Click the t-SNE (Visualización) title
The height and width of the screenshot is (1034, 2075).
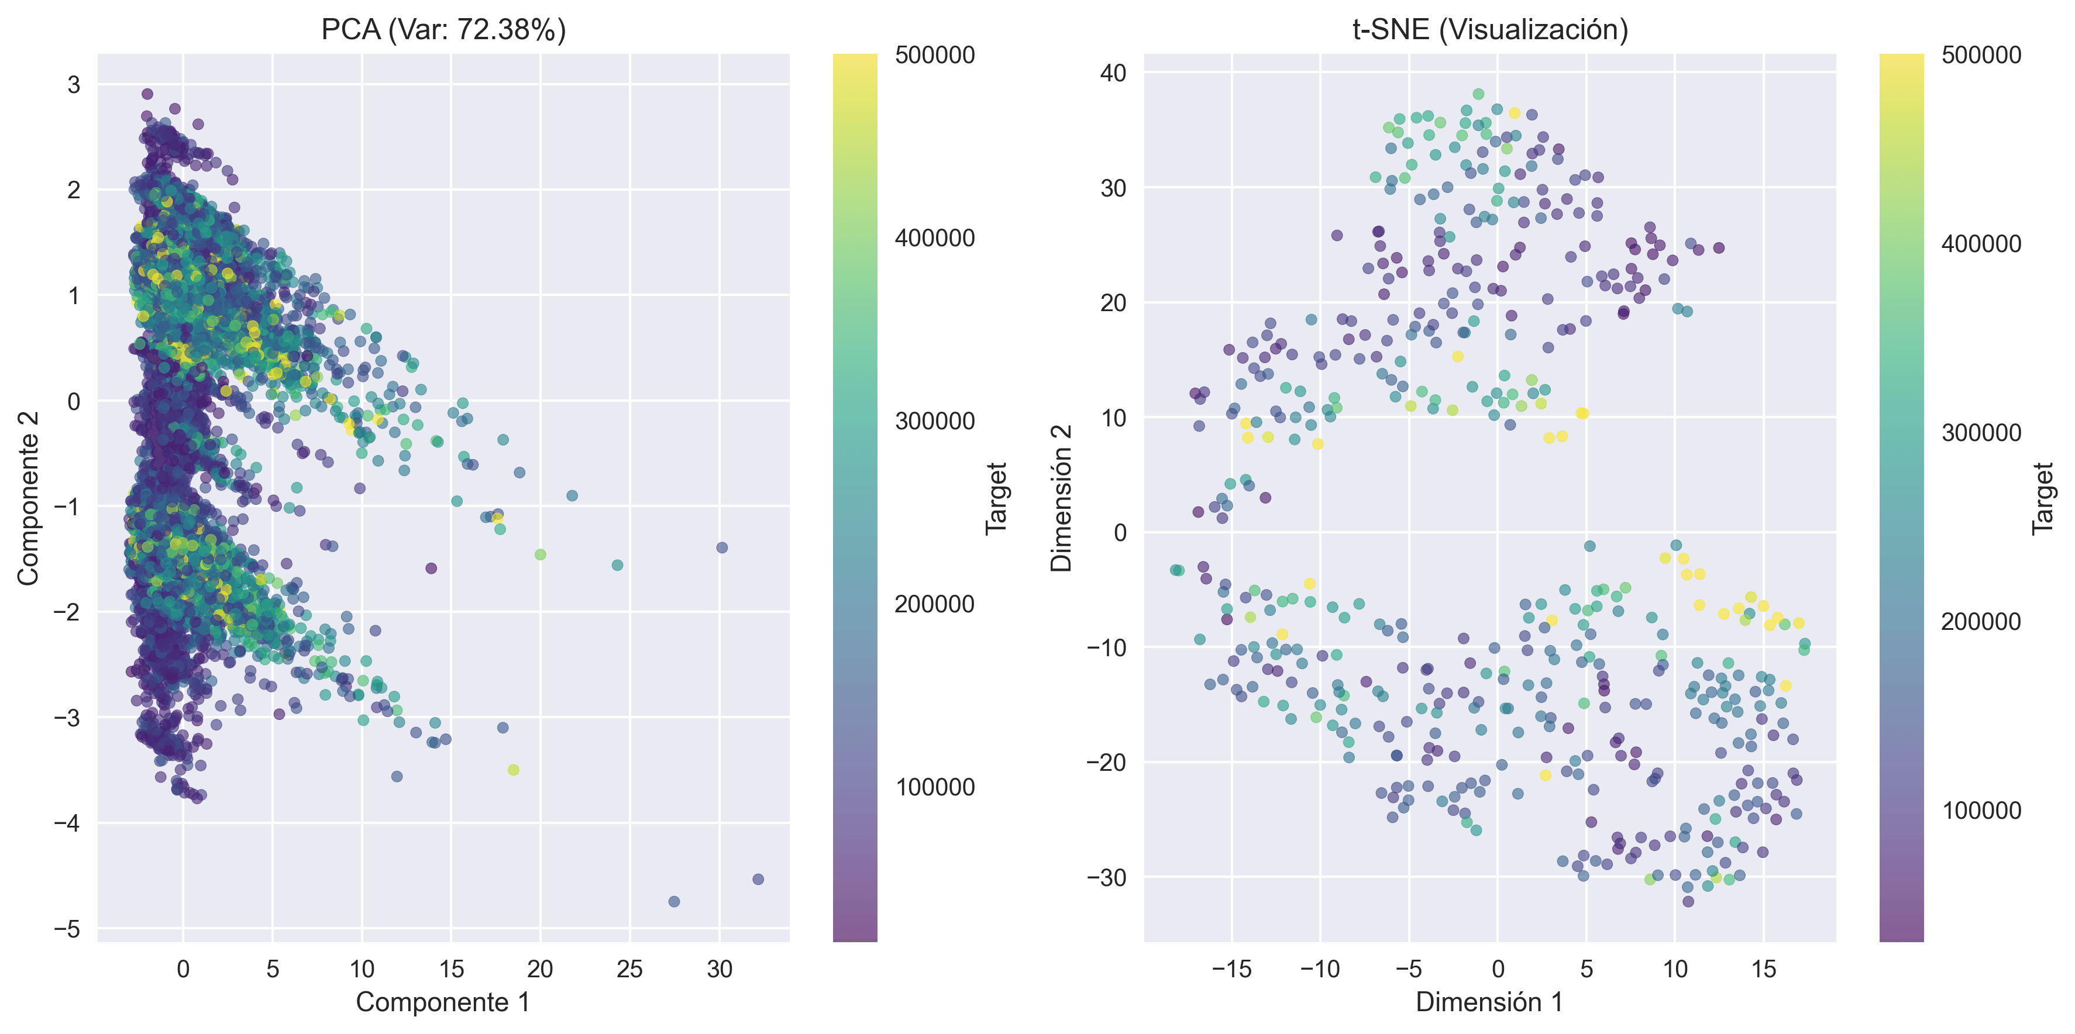[x=1489, y=30]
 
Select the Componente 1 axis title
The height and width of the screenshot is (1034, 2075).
[x=443, y=1002]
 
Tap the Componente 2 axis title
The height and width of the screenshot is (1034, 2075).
[x=28, y=498]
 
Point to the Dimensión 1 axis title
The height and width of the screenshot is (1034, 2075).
[x=1489, y=1002]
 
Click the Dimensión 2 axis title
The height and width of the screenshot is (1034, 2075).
[x=1062, y=498]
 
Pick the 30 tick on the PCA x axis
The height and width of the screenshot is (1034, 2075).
[x=720, y=968]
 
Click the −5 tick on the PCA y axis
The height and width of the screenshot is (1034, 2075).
[x=68, y=929]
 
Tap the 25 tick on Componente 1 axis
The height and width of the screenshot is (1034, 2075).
[x=630, y=968]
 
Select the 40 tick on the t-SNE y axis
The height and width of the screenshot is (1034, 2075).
[x=1113, y=73]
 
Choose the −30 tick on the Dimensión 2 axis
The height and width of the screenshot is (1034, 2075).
[x=1107, y=877]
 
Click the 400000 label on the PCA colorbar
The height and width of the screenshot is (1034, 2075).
[x=934, y=239]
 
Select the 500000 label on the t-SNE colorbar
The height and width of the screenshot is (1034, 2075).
[x=1981, y=56]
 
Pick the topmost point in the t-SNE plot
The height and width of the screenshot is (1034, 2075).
[x=1478, y=94]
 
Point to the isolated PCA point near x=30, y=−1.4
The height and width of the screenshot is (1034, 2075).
[x=722, y=547]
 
